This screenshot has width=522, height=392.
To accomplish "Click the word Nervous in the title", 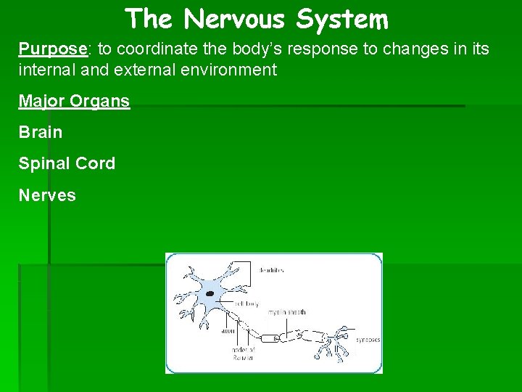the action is pyautogui.click(x=236, y=19).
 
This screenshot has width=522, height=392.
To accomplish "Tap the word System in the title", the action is pyautogui.click(x=342, y=19).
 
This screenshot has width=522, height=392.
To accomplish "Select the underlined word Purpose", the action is pyautogui.click(x=52, y=49).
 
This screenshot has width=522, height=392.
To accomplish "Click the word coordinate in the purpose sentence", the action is pyautogui.click(x=148, y=49).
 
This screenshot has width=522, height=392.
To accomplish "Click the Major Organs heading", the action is pyautogui.click(x=74, y=101).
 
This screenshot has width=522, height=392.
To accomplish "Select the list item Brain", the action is pyautogui.click(x=41, y=132).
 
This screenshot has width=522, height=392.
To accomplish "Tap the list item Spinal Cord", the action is pyautogui.click(x=67, y=163).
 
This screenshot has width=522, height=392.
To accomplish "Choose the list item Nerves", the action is pyautogui.click(x=47, y=195).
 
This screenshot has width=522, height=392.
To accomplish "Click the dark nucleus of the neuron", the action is pyautogui.click(x=210, y=294).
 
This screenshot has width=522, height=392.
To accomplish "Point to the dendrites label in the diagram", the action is pyautogui.click(x=271, y=270).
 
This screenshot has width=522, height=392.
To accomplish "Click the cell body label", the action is pyautogui.click(x=246, y=303).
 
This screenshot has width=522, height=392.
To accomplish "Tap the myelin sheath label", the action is pyautogui.click(x=287, y=312).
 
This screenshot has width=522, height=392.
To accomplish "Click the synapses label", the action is pyautogui.click(x=367, y=339).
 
